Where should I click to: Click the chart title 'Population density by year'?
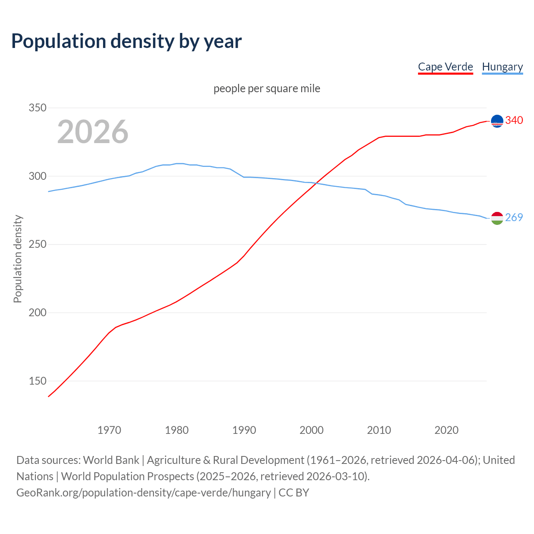point(126,41)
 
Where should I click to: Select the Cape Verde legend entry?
point(445,67)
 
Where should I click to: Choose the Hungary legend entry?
point(502,67)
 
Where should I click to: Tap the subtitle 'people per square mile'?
point(267,88)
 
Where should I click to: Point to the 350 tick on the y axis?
point(38,108)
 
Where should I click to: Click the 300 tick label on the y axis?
point(38,176)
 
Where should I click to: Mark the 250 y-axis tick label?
point(38,244)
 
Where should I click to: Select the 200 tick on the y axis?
point(38,312)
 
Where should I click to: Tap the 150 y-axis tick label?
point(38,381)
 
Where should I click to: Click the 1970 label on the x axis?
point(109,430)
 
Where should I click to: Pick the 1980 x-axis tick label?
point(177,430)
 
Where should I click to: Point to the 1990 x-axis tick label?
point(244,430)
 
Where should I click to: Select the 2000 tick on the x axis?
point(312,430)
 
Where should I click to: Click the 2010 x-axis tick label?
point(379,430)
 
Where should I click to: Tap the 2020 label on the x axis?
point(446,430)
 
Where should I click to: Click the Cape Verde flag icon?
point(497,121)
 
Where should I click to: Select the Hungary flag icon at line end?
point(497,218)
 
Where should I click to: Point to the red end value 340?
point(514,120)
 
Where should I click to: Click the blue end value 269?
point(514,217)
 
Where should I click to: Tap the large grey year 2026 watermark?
point(93,132)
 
